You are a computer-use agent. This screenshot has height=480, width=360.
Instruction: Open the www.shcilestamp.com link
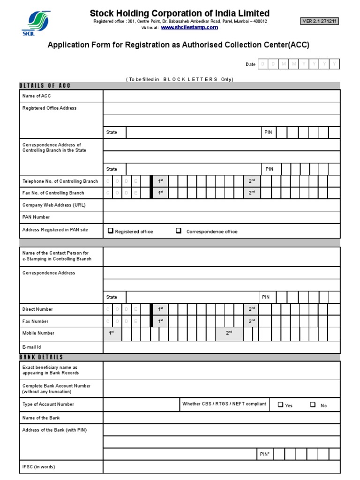pyautogui.click(x=189, y=28)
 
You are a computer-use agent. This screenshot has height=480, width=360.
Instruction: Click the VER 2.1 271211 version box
pyautogui.click(x=320, y=21)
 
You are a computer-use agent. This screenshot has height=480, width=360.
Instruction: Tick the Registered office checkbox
pyautogui.click(x=111, y=231)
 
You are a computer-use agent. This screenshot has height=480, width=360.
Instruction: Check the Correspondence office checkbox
pyautogui.click(x=179, y=231)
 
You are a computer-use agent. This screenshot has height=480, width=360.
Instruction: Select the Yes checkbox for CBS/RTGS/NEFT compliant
pyautogui.click(x=280, y=405)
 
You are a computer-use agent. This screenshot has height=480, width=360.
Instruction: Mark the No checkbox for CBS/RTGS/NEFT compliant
pyautogui.click(x=313, y=405)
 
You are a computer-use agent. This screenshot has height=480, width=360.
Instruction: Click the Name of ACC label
pyautogui.click(x=37, y=96)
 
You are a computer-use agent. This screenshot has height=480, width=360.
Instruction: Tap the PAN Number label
pyautogui.click(x=36, y=217)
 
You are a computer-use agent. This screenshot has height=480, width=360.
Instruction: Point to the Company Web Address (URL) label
pyautogui.click(x=54, y=205)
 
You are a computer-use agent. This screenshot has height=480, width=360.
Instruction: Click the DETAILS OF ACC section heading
pyautogui.click(x=45, y=85)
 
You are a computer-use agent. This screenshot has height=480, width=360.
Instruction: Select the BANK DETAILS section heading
pyautogui.click(x=41, y=357)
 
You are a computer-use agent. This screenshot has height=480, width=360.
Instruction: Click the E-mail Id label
pyautogui.click(x=32, y=347)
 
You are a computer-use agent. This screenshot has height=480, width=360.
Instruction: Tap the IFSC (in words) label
pyautogui.click(x=41, y=467)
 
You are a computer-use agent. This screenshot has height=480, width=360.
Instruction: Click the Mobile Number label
pyautogui.click(x=38, y=333)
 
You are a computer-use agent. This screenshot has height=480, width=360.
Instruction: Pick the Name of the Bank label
pyautogui.click(x=41, y=418)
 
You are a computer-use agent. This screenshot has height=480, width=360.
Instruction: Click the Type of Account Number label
pyautogui.click(x=48, y=404)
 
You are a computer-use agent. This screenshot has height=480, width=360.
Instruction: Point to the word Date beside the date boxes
pyautogui.click(x=251, y=64)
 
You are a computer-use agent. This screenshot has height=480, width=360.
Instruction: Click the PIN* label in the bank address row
pyautogui.click(x=265, y=454)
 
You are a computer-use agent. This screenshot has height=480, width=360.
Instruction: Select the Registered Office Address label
pyautogui.click(x=49, y=108)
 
